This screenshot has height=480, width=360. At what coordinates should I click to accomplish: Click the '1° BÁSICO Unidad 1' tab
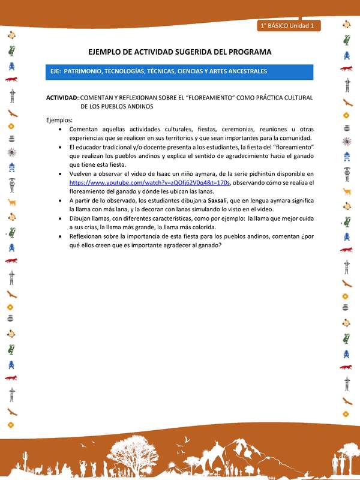click(x=289, y=26)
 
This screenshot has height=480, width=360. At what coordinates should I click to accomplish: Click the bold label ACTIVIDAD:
click(x=62, y=97)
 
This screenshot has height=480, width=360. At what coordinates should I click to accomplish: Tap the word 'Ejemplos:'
click(x=59, y=120)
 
